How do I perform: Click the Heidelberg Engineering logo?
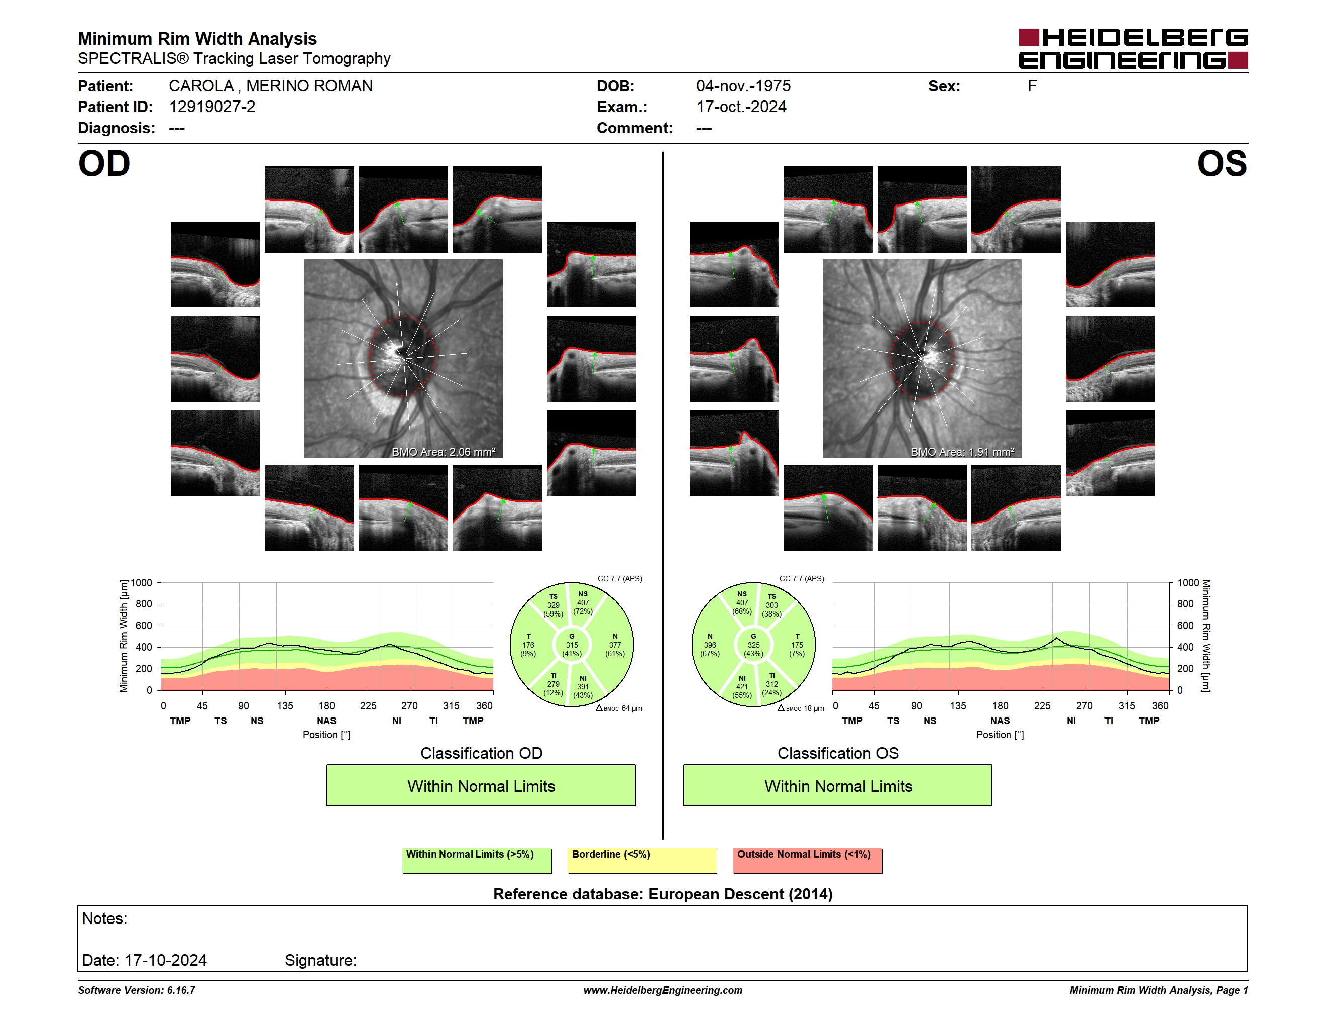tap(1133, 49)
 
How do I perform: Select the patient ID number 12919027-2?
tap(212, 107)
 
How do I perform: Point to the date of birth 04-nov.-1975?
tap(743, 86)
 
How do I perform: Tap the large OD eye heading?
tap(104, 164)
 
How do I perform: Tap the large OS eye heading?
tap(1222, 164)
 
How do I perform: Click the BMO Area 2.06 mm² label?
tap(443, 452)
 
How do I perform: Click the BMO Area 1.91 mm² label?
tap(962, 452)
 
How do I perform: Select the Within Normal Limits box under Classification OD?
tap(481, 785)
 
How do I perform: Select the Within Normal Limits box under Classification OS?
tap(838, 785)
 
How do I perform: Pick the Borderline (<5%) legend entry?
tap(642, 860)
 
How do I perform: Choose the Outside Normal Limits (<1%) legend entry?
tap(808, 860)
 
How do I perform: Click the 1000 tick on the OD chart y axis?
tap(142, 583)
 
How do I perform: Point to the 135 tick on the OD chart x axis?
tap(285, 705)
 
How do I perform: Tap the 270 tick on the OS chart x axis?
tap(1084, 705)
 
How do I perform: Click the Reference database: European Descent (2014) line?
tap(663, 894)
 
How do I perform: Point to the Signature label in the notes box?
tap(320, 960)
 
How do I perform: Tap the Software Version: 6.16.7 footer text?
tap(137, 990)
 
